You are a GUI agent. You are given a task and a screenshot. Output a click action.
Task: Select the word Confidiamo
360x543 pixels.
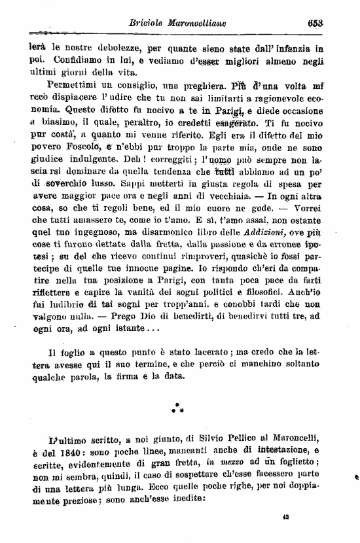(x=56, y=59)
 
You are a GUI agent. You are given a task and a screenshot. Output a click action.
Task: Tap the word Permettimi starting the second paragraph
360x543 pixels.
(x=73, y=85)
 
